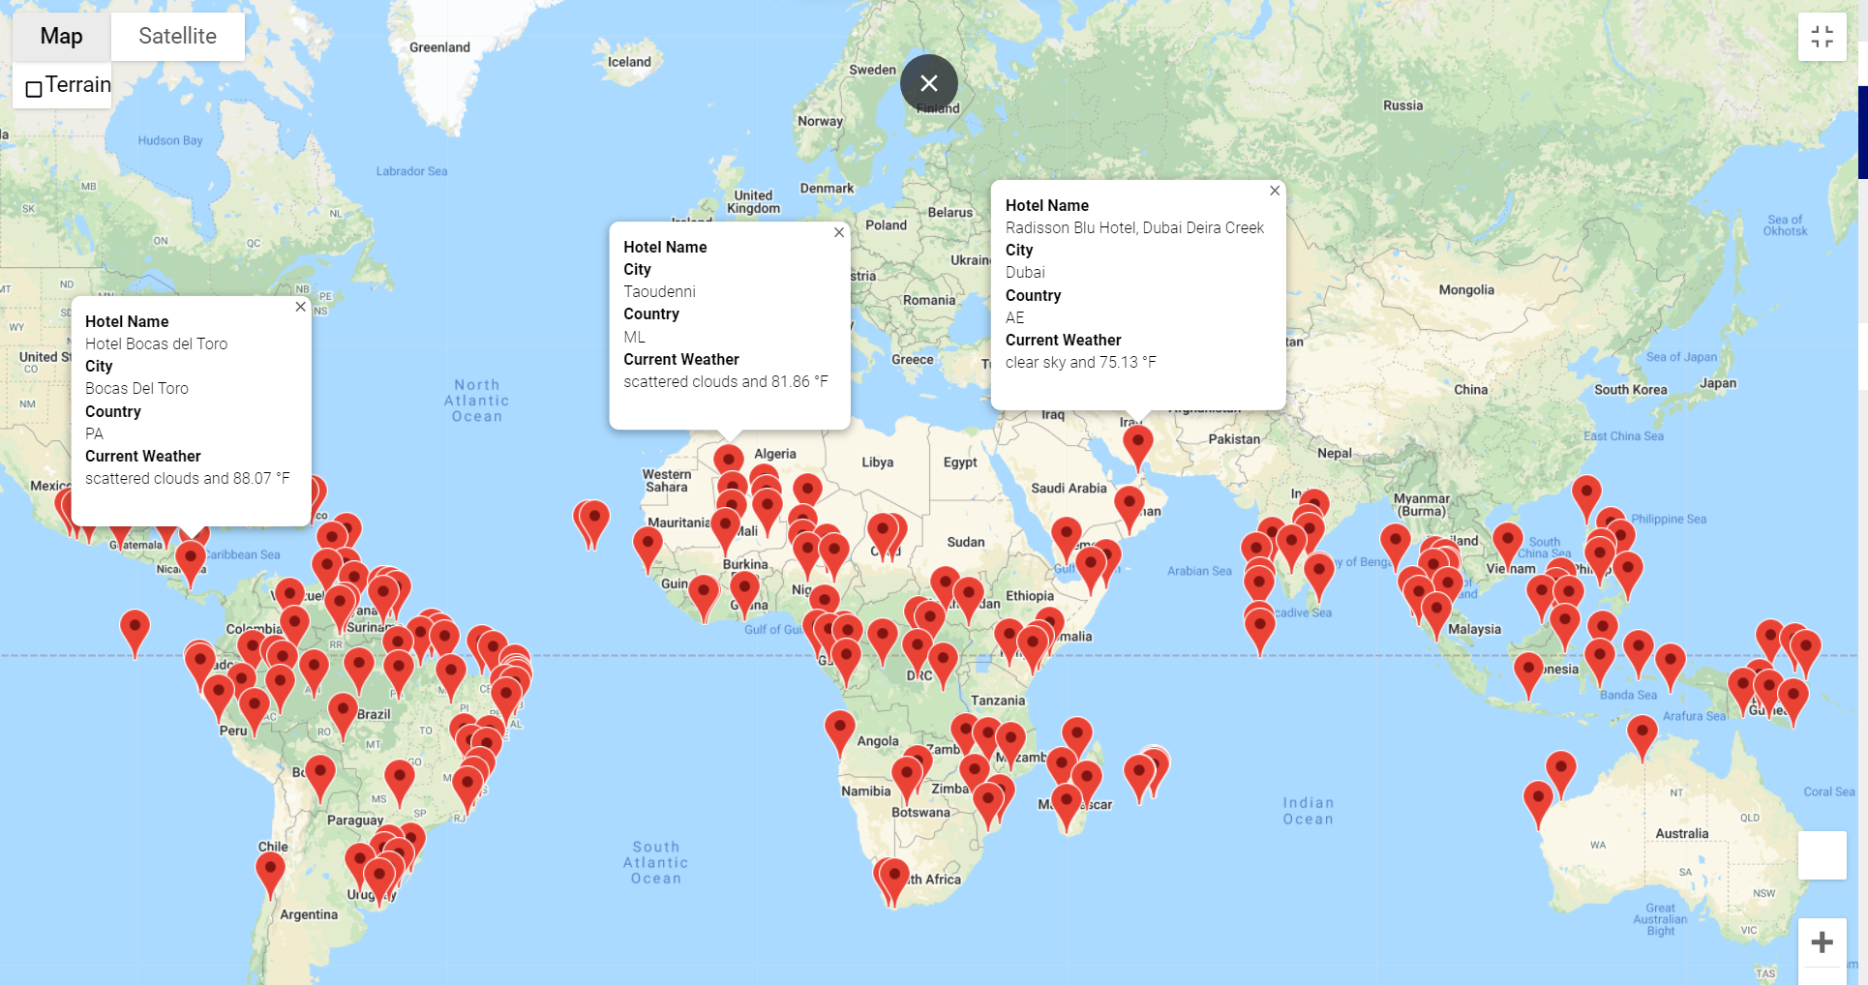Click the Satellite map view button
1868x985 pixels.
click(x=177, y=37)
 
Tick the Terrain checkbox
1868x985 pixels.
click(x=34, y=89)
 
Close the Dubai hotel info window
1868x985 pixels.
click(x=1275, y=191)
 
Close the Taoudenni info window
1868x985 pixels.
click(x=839, y=232)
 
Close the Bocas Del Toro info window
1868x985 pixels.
click(x=300, y=307)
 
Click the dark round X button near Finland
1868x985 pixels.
click(x=928, y=83)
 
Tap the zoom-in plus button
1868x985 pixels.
click(x=1822, y=942)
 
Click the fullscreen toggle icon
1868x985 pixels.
click(x=1822, y=37)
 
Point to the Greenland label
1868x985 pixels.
click(x=439, y=47)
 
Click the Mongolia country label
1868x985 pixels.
click(x=1466, y=290)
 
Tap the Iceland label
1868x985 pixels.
click(x=629, y=62)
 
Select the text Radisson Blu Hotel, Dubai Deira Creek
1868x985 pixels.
click(x=1134, y=228)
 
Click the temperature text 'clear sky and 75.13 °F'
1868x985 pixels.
click(x=1080, y=363)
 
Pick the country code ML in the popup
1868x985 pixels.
click(x=634, y=338)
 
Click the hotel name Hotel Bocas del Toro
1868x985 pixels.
click(x=156, y=344)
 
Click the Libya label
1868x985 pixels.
click(x=877, y=463)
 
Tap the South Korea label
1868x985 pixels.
click(x=1630, y=390)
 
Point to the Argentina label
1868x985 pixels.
click(x=309, y=914)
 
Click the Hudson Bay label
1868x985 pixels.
click(x=170, y=140)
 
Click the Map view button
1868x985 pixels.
click(x=61, y=37)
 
